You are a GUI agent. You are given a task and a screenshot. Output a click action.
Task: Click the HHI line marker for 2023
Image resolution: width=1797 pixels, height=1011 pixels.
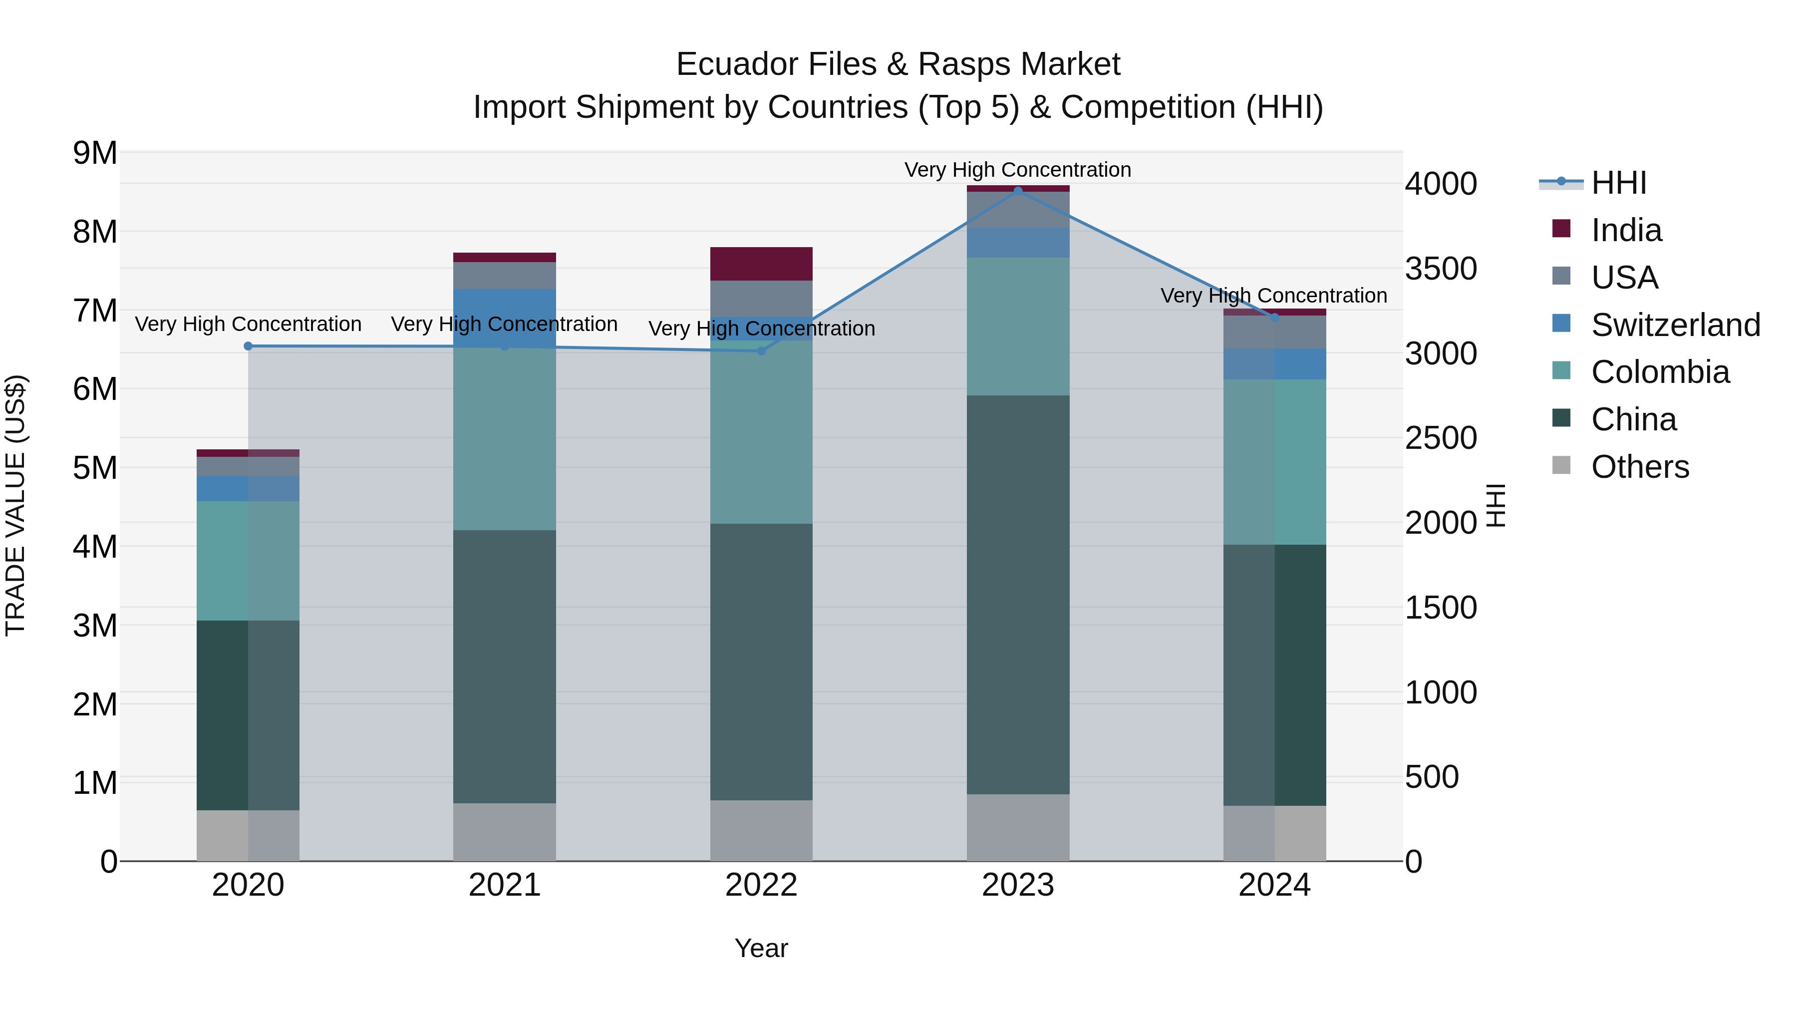1018,191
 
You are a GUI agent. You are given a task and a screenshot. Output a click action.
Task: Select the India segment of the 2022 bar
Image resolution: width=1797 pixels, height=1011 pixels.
761,264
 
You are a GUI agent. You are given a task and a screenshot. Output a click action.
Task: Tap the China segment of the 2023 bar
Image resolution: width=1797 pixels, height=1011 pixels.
1018,595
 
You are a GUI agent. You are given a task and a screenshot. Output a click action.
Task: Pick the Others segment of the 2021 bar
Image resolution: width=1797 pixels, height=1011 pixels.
504,832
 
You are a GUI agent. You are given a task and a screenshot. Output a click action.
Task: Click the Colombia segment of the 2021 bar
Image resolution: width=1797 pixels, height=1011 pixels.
504,439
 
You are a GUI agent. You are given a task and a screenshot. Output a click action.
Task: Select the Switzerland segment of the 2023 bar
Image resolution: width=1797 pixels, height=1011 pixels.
1018,243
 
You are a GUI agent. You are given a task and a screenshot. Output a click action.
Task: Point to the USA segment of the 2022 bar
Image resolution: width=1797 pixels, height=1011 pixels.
761,299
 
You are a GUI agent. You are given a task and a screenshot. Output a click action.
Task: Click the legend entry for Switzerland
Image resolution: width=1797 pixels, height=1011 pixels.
1675,325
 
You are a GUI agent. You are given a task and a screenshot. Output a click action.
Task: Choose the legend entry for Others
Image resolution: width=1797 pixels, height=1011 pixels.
1639,467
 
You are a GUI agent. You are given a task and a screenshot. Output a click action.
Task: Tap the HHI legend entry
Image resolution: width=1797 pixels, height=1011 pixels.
1618,183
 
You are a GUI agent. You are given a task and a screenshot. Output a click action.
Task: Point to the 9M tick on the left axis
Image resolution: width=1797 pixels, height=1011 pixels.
95,153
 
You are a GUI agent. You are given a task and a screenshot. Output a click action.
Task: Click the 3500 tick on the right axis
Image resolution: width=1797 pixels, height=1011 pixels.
1441,269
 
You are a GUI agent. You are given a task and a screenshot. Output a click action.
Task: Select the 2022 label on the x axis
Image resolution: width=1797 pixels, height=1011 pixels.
761,885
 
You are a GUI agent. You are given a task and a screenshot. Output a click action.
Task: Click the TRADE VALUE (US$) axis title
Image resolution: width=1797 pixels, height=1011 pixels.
15,505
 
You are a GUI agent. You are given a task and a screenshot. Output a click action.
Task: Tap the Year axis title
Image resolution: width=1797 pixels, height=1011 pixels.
761,948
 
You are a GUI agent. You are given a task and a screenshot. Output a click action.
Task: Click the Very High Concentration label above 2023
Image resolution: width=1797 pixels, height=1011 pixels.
1018,170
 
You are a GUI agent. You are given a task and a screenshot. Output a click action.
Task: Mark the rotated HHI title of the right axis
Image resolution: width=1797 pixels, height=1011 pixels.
1496,505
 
